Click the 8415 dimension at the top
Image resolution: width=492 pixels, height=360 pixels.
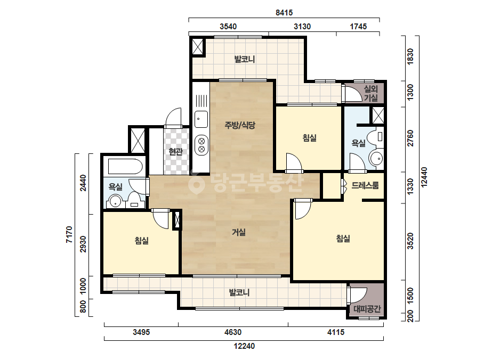point(284,13)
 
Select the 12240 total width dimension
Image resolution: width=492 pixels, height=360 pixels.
point(244,346)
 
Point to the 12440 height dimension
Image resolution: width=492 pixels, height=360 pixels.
point(424,177)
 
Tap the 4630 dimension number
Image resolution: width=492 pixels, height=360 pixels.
point(233,332)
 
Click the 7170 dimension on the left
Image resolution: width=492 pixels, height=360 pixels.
point(69,234)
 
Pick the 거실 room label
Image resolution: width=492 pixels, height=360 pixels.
point(239,232)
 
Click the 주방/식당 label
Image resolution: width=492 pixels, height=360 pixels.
point(240,126)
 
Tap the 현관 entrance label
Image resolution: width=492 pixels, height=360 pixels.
point(176,152)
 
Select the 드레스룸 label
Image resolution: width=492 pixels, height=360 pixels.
point(365,185)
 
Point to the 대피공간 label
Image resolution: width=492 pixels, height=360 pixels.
point(367,309)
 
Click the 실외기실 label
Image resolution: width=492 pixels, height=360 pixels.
point(371,93)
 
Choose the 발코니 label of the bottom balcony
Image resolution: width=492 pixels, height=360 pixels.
point(239,293)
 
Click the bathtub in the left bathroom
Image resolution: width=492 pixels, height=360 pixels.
point(125,166)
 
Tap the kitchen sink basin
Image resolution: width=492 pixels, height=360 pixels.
point(201,119)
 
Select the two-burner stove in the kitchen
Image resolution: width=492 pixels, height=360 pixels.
point(201,145)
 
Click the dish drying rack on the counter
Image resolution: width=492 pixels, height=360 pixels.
point(201,101)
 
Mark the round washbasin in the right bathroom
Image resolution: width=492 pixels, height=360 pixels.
point(376,158)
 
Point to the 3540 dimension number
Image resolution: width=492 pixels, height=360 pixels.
point(228,26)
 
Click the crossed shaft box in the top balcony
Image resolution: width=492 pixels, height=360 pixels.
point(198,47)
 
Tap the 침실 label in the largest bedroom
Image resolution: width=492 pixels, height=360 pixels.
point(343,239)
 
